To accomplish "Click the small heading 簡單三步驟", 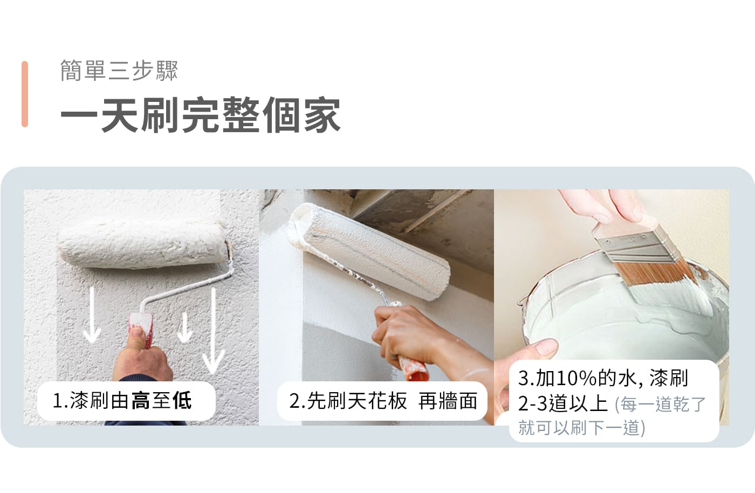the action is pos(119,71).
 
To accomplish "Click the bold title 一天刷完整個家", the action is pos(201,115).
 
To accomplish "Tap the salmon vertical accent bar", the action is pos(25,94).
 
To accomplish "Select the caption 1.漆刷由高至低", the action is pos(122,401).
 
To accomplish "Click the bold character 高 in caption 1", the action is pos(141,401).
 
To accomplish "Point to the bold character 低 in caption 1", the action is pos(182,401).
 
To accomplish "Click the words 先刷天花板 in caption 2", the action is pos(356,401).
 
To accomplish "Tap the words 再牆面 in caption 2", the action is pos(448,401).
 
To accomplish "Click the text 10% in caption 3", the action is pos(576,378).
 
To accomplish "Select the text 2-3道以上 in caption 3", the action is pos(562,403).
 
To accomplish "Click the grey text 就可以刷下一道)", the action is pos(582,428).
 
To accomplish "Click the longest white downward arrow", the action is pos(214,331).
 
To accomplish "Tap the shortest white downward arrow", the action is pos(184,327).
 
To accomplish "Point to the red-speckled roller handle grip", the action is pos(142,331).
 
